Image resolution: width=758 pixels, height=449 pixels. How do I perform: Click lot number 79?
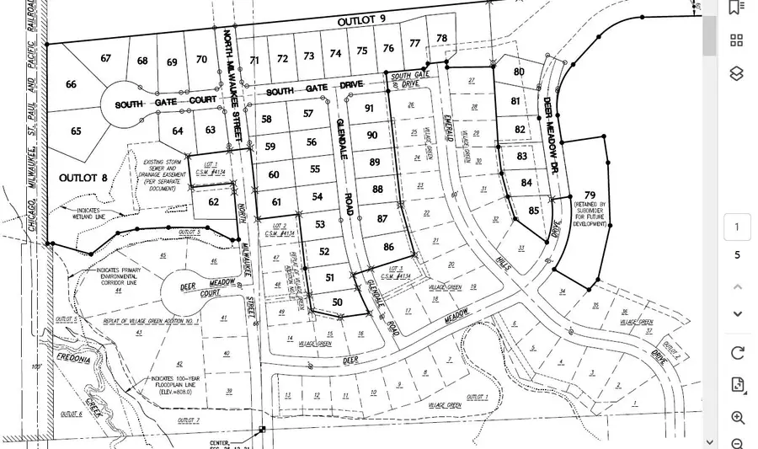click(590, 195)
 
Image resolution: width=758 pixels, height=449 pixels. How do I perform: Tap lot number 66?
click(71, 84)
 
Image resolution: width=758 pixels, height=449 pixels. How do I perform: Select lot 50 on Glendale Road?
click(338, 302)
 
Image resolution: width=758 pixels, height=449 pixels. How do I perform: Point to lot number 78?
click(441, 39)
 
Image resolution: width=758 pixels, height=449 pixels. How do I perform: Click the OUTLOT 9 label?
click(360, 19)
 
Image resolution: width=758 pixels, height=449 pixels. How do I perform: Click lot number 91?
click(369, 108)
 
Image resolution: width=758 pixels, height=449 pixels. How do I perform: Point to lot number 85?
click(533, 211)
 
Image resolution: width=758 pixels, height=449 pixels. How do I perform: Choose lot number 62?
click(213, 202)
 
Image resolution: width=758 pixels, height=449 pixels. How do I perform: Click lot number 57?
click(308, 114)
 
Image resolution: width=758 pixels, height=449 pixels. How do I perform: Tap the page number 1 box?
click(737, 227)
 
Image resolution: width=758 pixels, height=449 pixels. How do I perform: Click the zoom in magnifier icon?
click(737, 418)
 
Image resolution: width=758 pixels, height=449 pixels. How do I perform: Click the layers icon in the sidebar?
click(737, 73)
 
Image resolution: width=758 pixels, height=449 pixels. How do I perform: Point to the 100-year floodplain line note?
click(173, 384)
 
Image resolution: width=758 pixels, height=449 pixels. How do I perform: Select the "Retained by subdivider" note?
click(590, 215)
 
